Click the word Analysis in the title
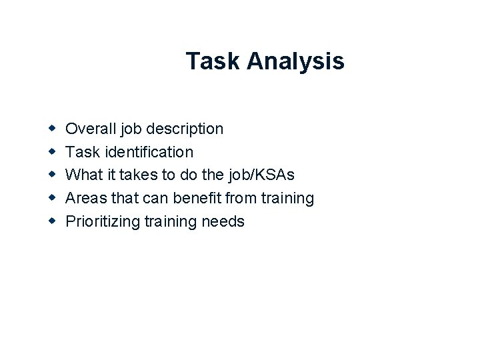[295, 62]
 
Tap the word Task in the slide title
[213, 61]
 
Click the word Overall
[88, 128]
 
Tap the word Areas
[85, 198]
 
